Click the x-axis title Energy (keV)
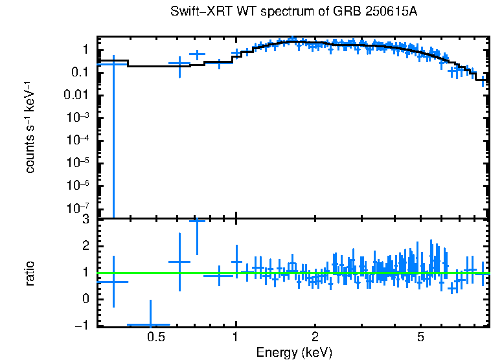pos(293,352)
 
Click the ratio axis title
pos(30,273)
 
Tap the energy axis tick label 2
pos(315,337)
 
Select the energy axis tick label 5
pos(420,337)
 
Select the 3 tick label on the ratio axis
pos(86,220)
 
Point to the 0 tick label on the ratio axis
pos(86,299)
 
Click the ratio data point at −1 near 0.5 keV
pos(150,324)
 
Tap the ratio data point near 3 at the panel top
pos(197,221)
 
